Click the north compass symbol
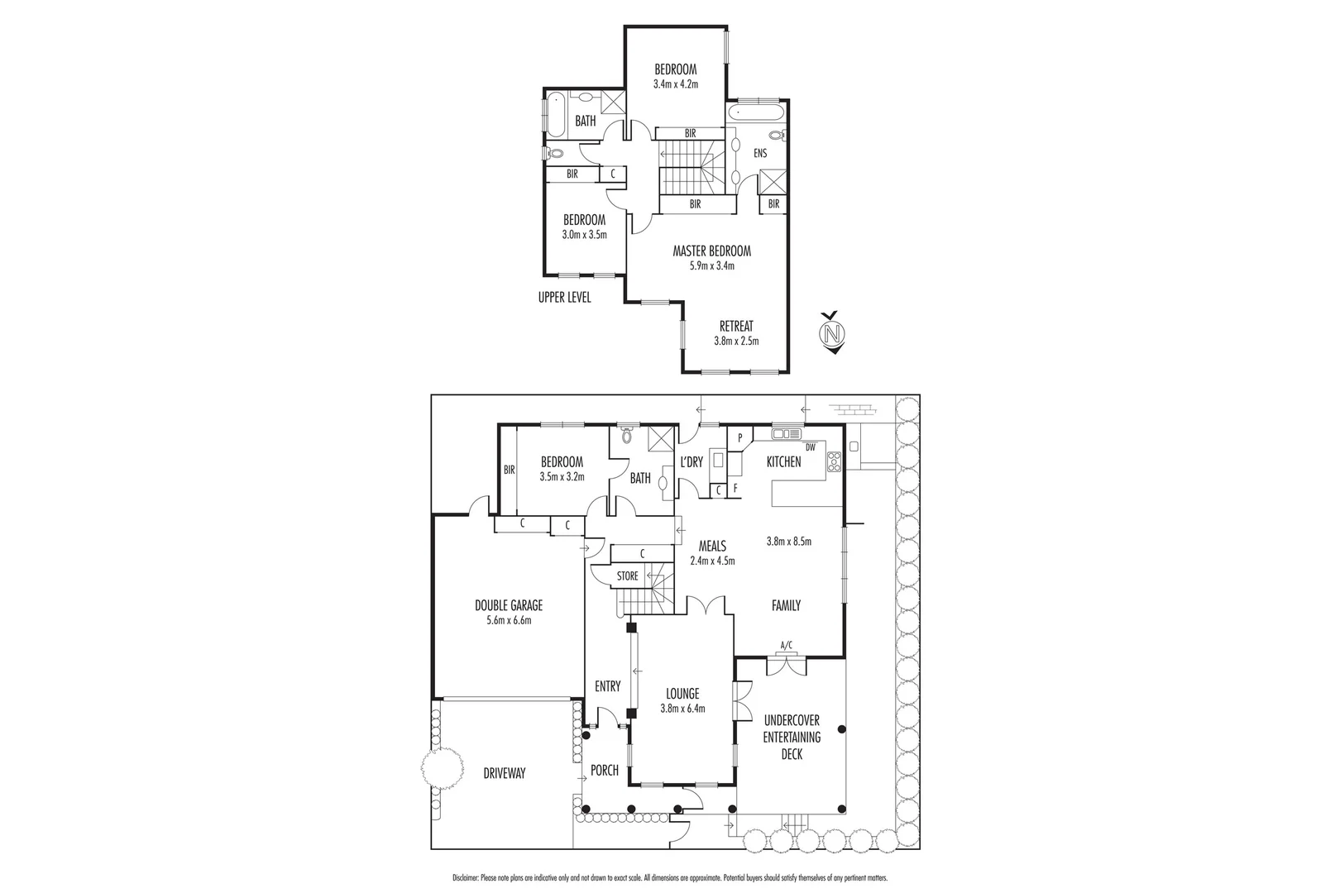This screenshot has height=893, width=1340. [x=834, y=332]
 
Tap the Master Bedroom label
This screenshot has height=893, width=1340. [x=711, y=251]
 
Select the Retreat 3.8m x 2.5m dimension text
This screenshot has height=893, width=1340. [x=736, y=341]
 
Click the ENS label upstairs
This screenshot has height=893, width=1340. [x=760, y=153]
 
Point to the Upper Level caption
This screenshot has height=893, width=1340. [x=564, y=298]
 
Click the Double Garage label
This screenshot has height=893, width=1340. [x=497, y=605]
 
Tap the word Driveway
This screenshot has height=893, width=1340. [x=505, y=773]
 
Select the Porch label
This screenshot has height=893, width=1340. [x=604, y=770]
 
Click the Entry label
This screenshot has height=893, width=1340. [x=607, y=685]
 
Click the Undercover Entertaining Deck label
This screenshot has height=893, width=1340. [x=791, y=737]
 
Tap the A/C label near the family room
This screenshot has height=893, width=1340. [x=786, y=645]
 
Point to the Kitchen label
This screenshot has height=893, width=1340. [x=783, y=461]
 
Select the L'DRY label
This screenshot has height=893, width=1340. [x=691, y=462]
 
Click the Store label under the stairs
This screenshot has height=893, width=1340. [x=628, y=575]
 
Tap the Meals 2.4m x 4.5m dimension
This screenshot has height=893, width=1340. [x=712, y=561]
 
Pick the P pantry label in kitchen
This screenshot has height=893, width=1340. [x=739, y=437]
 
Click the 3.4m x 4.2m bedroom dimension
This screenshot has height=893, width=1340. [x=676, y=84]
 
